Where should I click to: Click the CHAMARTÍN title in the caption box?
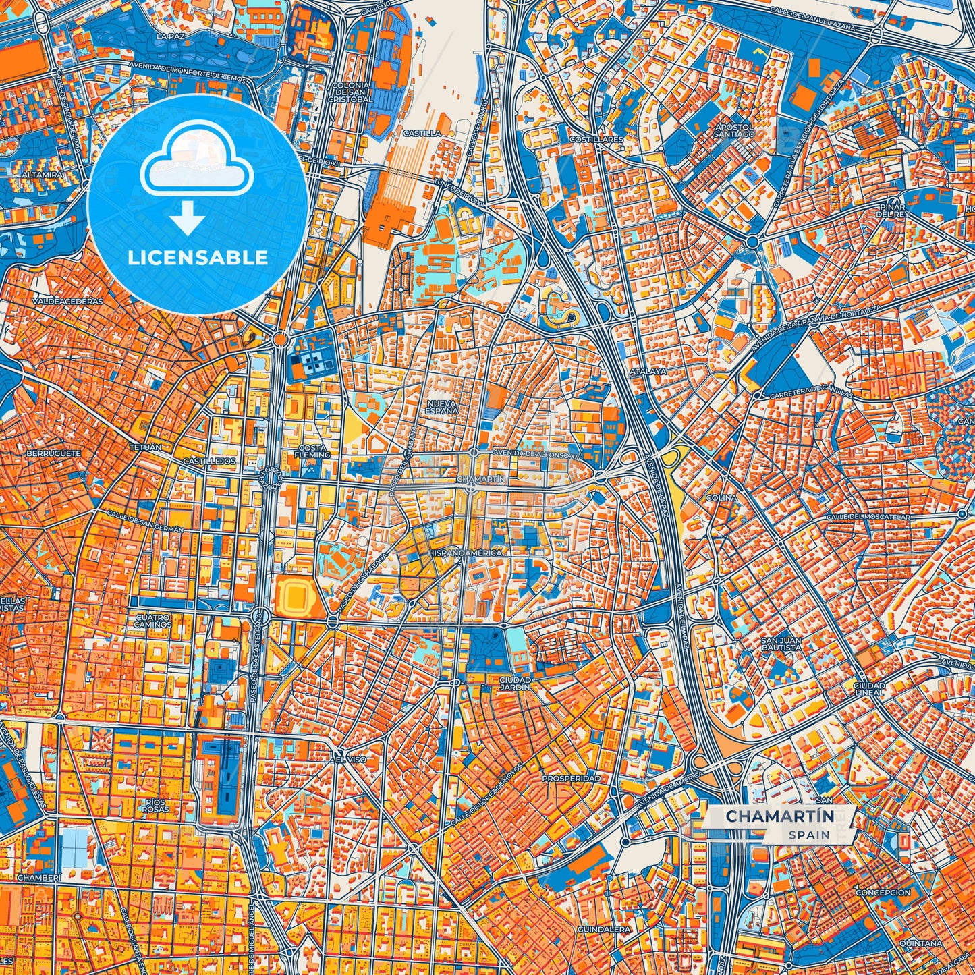(x=779, y=816)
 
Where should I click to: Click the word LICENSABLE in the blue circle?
(x=198, y=257)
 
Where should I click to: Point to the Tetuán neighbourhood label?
(x=145, y=447)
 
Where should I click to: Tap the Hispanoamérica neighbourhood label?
(x=465, y=553)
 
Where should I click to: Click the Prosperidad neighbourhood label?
(x=571, y=778)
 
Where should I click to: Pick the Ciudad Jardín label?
(x=515, y=683)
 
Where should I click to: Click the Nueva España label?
(x=442, y=406)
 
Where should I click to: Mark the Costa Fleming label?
(x=314, y=451)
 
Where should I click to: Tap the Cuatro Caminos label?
(x=153, y=620)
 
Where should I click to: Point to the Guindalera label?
(x=604, y=929)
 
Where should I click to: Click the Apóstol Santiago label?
(x=734, y=130)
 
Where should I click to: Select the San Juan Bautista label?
(x=781, y=643)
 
